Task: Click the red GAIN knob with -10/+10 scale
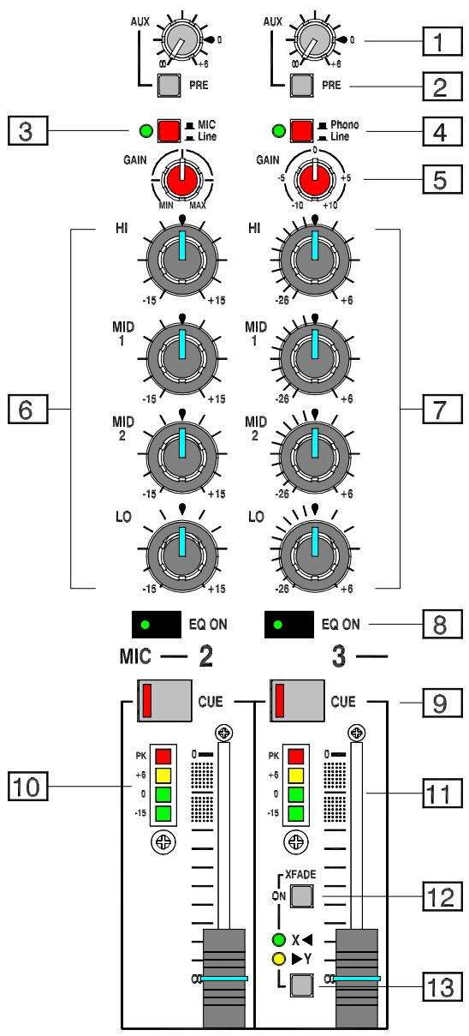[316, 182]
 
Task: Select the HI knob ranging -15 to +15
[182, 258]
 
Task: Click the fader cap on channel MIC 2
[224, 977]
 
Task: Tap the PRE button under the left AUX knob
[168, 86]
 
